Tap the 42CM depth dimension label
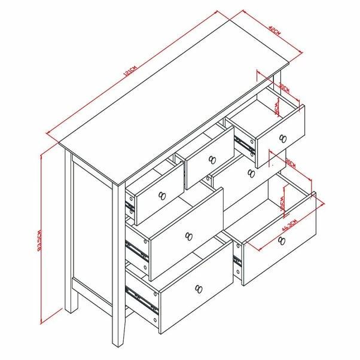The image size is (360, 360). click(x=274, y=29)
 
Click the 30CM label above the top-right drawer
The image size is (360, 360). click(x=284, y=88)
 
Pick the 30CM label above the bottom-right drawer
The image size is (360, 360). click(x=291, y=162)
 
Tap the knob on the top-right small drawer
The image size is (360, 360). click(x=282, y=139)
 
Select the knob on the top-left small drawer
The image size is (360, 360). click(x=161, y=195)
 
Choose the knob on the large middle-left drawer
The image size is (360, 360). click(x=189, y=236)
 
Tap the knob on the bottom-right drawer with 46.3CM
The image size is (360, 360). click(x=281, y=240)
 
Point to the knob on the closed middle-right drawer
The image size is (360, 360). click(x=250, y=173)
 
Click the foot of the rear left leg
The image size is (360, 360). click(x=71, y=309)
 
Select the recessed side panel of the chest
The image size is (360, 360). click(x=91, y=228)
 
